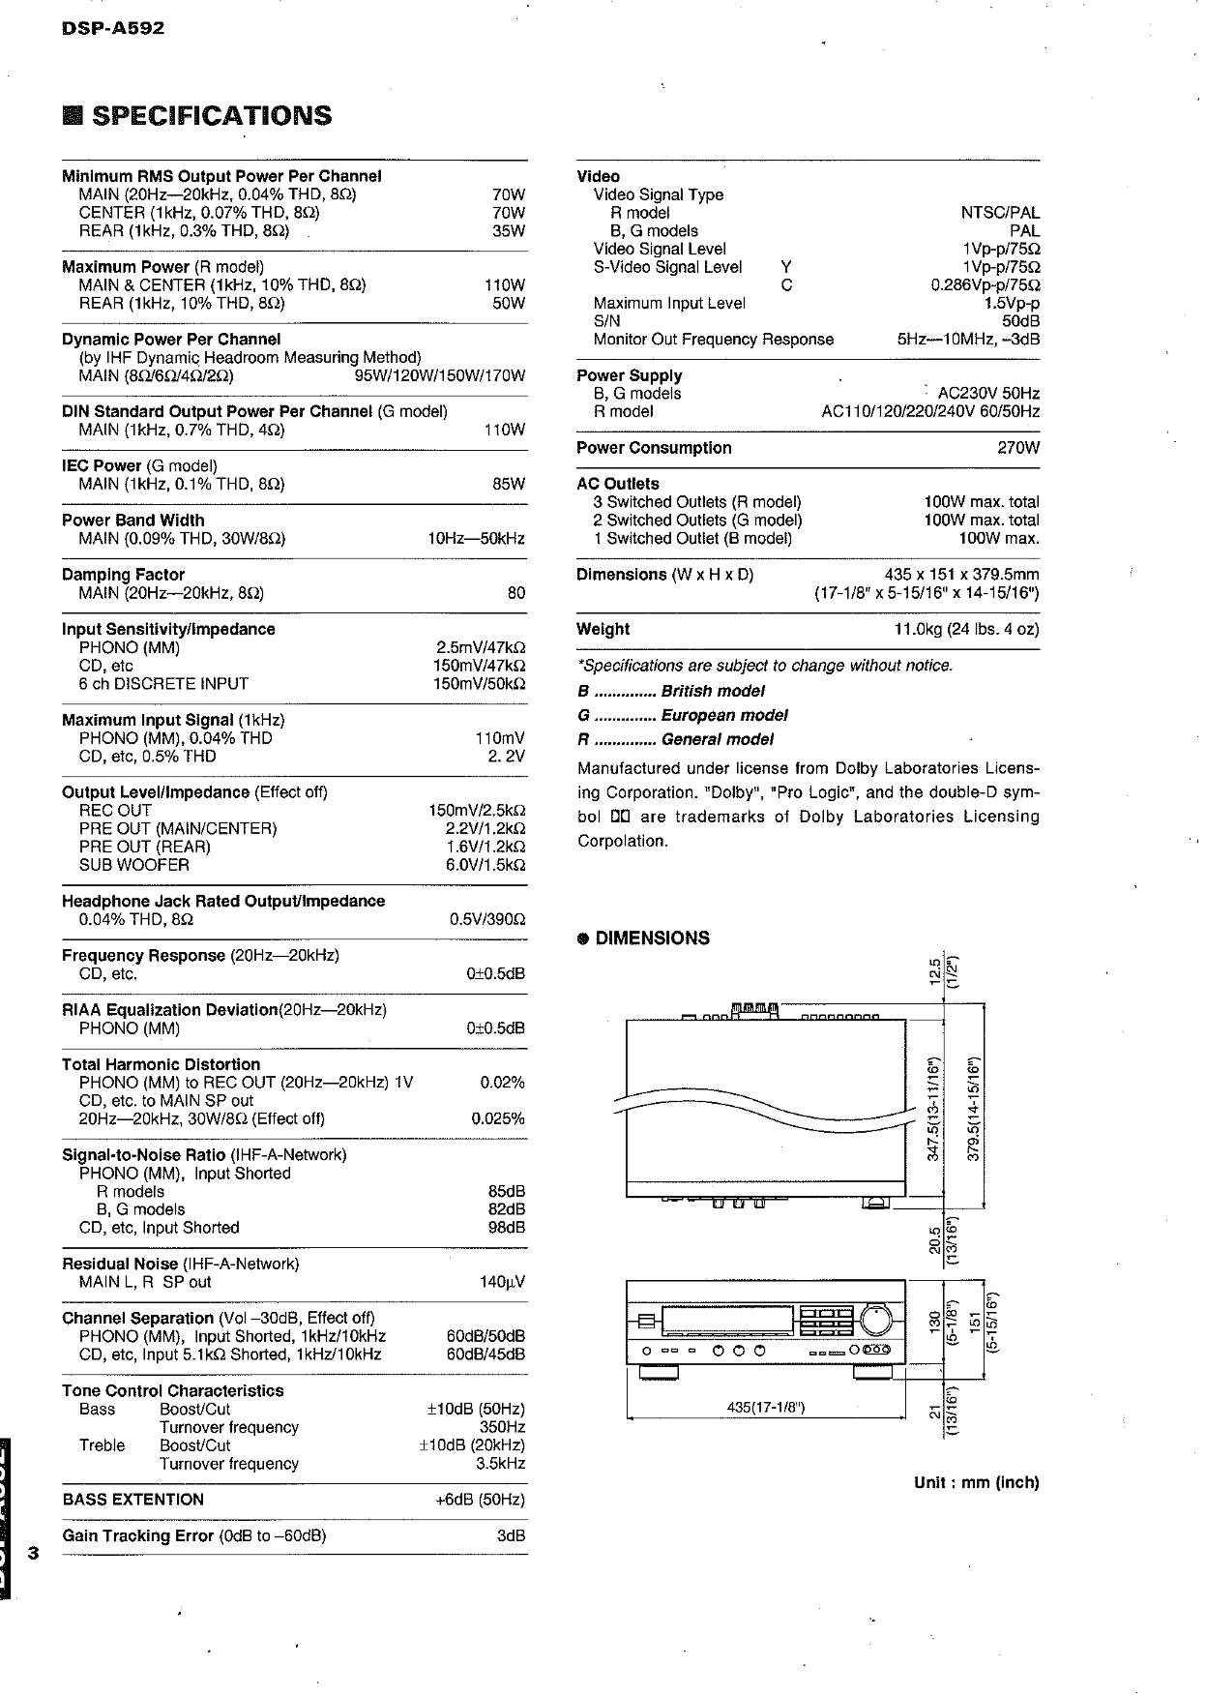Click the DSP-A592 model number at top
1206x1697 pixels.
pos(113,28)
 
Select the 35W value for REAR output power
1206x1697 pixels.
pos(509,231)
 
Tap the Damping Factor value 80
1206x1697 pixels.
pos(516,593)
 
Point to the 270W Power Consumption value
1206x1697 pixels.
pos(1018,448)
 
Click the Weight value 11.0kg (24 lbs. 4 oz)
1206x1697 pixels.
pos(966,630)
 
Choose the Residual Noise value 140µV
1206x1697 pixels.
pos(502,1283)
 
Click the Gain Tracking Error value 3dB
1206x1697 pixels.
pos(511,1536)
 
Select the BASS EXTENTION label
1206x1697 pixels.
pos(133,1500)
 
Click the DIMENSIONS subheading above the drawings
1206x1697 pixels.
pos(652,938)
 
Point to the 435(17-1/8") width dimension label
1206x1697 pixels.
pos(765,1407)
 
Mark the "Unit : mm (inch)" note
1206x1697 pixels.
pos(976,1482)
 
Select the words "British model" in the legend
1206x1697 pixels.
pos(713,692)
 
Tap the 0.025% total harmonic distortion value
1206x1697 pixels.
pos(498,1119)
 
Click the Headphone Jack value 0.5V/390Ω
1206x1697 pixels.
pos(487,919)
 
